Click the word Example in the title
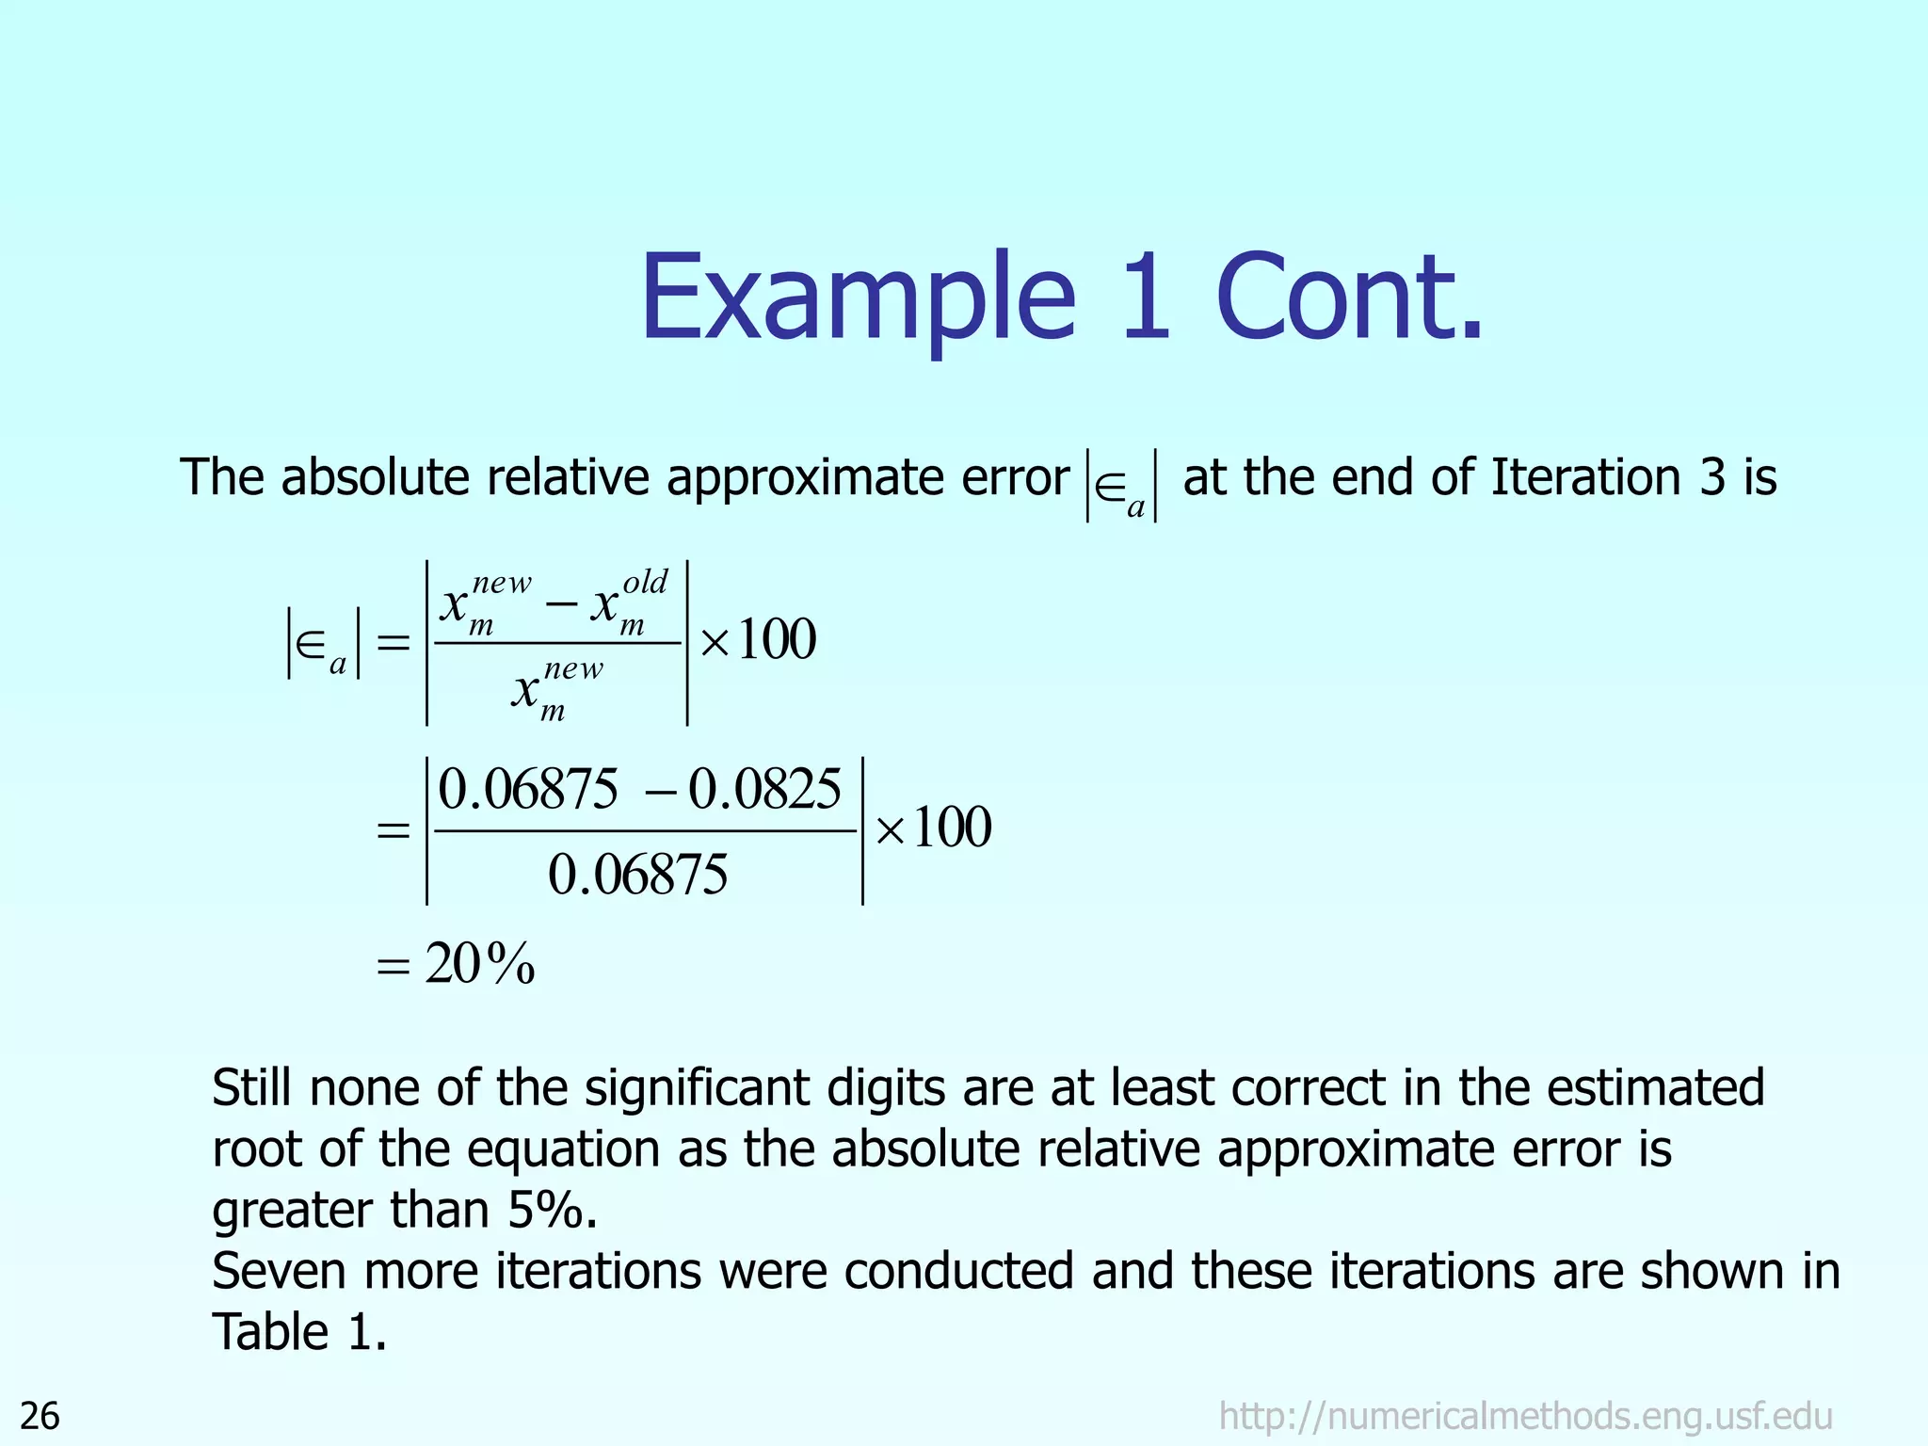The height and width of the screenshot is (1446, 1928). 858,299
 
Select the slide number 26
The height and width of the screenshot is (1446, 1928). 40,1416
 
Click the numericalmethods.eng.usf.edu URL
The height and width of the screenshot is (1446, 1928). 1525,1416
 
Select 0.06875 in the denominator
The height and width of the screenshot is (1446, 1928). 637,875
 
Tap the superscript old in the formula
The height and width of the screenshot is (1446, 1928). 645,582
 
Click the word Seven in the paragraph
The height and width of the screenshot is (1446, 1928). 280,1271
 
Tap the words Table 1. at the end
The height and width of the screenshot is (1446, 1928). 299,1332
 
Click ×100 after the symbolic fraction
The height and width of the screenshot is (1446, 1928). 759,640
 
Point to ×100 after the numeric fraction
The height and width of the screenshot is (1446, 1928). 934,828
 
